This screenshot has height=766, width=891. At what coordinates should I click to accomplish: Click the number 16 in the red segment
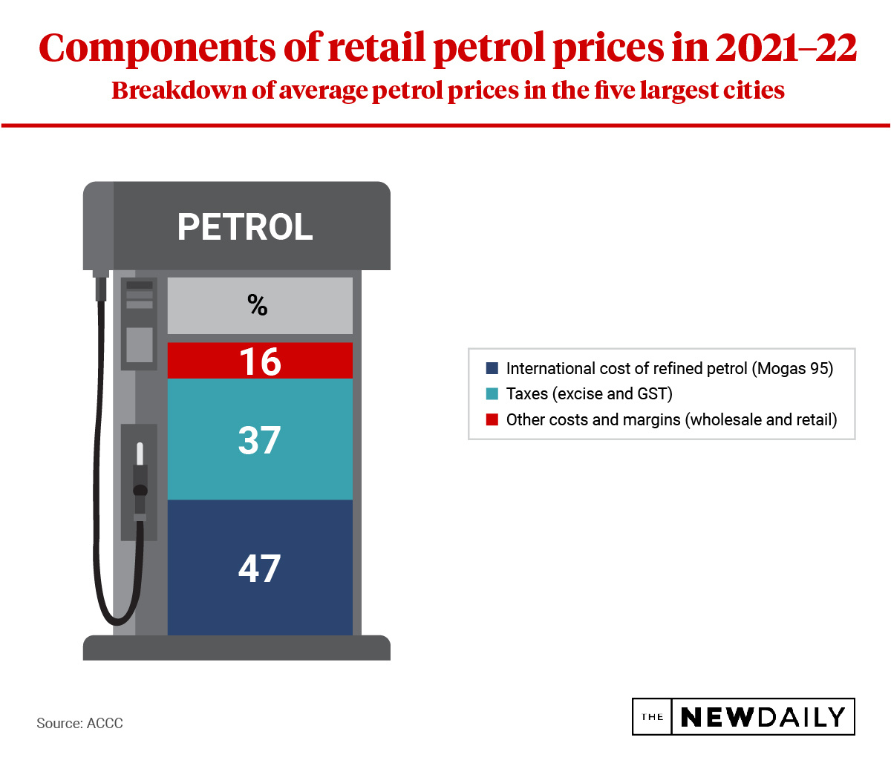(x=260, y=361)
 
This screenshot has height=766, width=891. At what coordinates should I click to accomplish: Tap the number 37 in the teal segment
(x=259, y=440)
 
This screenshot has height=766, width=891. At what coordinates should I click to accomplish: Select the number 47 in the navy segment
(x=259, y=569)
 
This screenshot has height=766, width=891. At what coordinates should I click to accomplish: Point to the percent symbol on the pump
(x=258, y=305)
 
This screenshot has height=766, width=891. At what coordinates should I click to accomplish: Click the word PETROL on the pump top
(x=245, y=227)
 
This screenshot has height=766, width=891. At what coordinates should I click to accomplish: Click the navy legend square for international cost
(x=492, y=368)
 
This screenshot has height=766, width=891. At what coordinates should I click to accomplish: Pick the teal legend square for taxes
(x=492, y=393)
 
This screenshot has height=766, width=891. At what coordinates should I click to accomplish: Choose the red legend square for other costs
(x=492, y=419)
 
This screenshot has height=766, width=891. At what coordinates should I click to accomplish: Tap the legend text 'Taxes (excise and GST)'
(x=589, y=393)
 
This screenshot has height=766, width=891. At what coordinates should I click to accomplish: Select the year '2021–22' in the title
(x=786, y=48)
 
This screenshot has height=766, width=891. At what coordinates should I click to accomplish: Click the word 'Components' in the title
(x=157, y=48)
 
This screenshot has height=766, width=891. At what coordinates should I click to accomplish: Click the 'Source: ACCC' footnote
(x=79, y=723)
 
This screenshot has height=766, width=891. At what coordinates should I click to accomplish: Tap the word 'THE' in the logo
(x=652, y=717)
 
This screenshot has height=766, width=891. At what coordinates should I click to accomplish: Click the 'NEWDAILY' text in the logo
(x=763, y=717)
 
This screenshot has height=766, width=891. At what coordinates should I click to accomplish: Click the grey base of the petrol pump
(x=236, y=647)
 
